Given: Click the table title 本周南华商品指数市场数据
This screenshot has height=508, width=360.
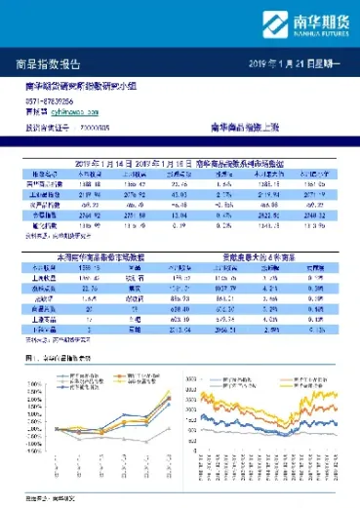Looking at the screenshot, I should [92, 254].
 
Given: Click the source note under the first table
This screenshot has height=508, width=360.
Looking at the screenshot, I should [49, 235].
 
